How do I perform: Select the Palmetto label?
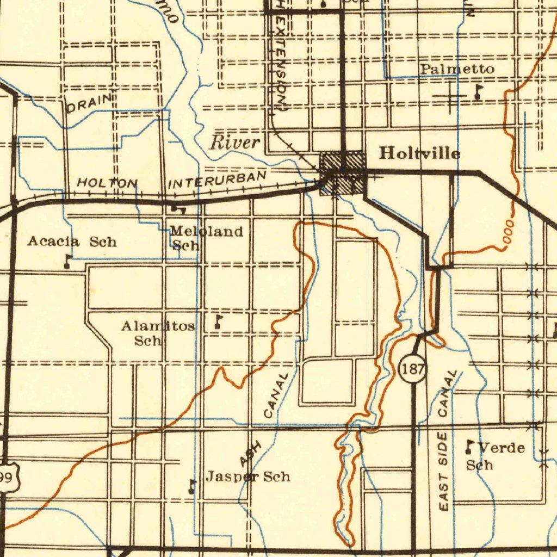457,69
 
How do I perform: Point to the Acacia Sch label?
72,241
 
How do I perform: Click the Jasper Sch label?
247,477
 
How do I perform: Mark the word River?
234,143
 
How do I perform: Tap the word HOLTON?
107,183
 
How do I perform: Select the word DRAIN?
89,103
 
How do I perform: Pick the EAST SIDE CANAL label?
447,441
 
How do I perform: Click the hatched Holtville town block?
342,173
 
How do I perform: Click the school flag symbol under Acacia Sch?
67,261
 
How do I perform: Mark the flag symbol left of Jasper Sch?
191,486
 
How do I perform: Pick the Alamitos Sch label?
158,333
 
